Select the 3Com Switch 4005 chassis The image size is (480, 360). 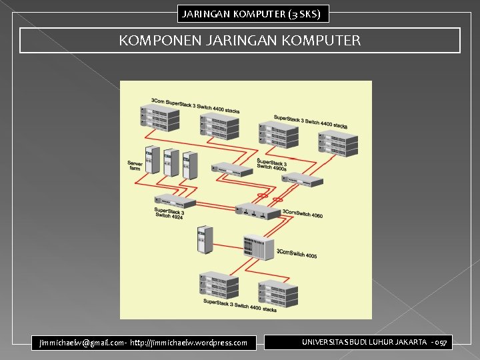click(x=259, y=247)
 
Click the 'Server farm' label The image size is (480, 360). click(x=135, y=165)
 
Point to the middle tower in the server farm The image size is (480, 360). click(x=171, y=162)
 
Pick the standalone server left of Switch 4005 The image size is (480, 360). click(x=204, y=240)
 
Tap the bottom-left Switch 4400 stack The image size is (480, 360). click(x=219, y=287)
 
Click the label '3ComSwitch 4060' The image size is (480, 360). click(x=303, y=215)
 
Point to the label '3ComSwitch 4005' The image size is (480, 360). click(x=297, y=254)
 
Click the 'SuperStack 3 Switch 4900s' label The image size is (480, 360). click(x=272, y=165)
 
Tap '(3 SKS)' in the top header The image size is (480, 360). click(x=307, y=13)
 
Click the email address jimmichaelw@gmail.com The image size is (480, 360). click(x=80, y=343)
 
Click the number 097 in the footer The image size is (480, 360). click(x=441, y=342)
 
